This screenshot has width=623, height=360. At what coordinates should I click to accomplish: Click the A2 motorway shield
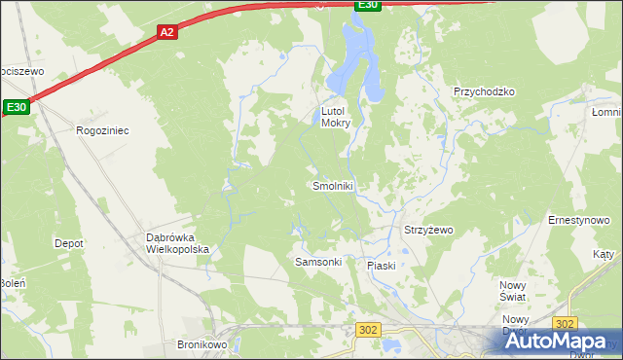point(167,32)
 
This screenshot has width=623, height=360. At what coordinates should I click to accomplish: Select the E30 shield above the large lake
point(366,5)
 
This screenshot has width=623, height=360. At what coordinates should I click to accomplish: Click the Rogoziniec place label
point(102,129)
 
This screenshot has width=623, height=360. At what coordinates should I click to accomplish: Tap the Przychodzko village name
point(484,91)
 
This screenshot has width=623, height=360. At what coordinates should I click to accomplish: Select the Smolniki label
point(333,186)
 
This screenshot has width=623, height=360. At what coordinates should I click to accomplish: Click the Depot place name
point(69,243)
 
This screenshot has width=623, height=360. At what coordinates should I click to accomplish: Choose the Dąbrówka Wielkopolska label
point(177,243)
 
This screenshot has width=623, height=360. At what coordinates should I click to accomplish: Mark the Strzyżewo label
point(428,231)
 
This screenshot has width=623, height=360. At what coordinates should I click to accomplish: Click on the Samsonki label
point(317,263)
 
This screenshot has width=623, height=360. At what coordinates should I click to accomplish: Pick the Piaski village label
point(381,266)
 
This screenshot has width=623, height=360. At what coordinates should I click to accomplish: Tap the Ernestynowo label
point(578,221)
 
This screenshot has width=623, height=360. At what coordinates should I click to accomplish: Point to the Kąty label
point(604,254)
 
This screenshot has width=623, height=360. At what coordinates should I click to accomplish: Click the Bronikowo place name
point(202,344)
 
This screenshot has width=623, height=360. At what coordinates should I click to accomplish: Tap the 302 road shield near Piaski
point(367,331)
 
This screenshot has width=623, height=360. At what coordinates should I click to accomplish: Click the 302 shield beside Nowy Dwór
point(565,323)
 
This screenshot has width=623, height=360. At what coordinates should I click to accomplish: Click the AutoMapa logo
point(560,342)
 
